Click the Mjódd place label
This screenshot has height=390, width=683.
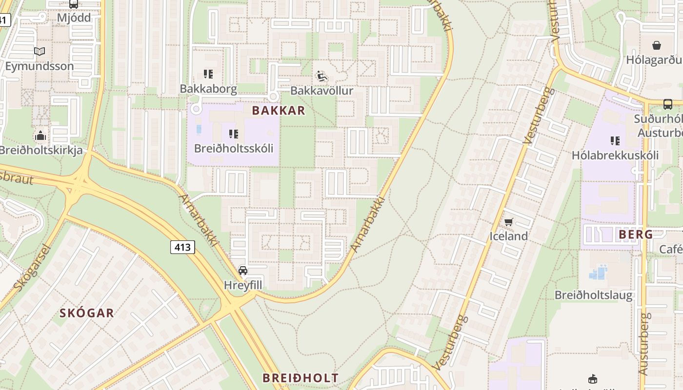(x=74, y=18)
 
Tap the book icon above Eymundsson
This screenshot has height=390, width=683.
(x=40, y=51)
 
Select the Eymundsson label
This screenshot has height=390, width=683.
(x=40, y=66)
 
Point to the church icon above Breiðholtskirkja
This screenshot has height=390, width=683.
(x=40, y=136)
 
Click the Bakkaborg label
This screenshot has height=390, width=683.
(x=208, y=89)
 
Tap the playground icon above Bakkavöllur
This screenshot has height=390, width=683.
(x=321, y=76)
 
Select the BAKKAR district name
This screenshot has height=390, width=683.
(x=279, y=111)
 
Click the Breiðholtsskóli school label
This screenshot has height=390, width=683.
(x=234, y=148)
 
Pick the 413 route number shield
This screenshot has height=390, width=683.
(x=182, y=247)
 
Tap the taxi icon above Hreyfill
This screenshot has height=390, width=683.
(x=243, y=271)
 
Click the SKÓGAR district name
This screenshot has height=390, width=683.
(x=87, y=313)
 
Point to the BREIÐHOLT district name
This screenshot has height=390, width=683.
(x=301, y=378)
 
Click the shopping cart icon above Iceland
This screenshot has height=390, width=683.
(x=509, y=222)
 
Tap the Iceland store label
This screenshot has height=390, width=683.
(x=509, y=236)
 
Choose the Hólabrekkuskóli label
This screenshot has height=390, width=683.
(x=615, y=156)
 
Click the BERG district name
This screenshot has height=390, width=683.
(x=636, y=234)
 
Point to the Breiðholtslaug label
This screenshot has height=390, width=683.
(x=594, y=295)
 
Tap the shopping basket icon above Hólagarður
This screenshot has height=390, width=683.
(x=657, y=45)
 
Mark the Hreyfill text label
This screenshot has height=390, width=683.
(x=243, y=285)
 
